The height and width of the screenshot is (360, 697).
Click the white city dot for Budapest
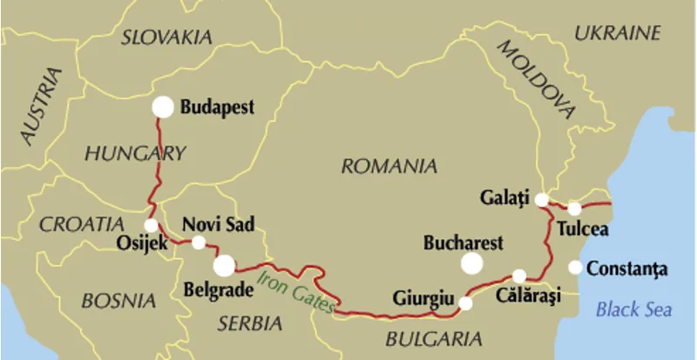(x=163, y=106)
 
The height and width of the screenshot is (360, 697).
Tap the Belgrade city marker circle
(x=224, y=264)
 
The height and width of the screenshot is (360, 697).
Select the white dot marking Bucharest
(x=472, y=263)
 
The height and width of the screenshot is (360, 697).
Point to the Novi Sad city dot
(x=199, y=242)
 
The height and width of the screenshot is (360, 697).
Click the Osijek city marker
(x=151, y=225)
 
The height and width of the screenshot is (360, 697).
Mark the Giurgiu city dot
(x=465, y=303)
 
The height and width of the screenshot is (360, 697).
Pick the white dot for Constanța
(x=575, y=268)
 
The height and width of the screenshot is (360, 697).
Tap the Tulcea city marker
(x=574, y=208)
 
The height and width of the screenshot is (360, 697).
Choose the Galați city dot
(x=542, y=200)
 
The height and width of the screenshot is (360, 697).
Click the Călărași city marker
(x=519, y=275)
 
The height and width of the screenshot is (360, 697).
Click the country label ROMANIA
(x=389, y=166)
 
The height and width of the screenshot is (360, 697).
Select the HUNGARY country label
(x=135, y=154)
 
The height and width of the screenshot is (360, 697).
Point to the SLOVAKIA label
(x=166, y=37)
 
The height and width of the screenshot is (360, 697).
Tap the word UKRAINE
(x=618, y=33)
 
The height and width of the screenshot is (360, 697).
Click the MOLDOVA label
(x=537, y=79)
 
